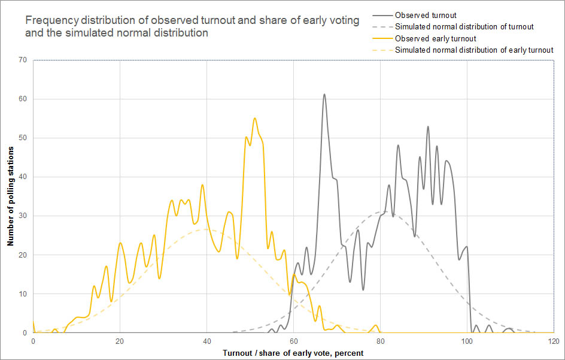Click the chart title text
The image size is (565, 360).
192,27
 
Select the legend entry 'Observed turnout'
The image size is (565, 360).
425,14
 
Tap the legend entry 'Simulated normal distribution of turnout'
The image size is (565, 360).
464,26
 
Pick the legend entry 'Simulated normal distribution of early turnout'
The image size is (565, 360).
474,50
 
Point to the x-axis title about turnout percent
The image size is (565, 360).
293,353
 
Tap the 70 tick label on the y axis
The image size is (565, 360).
23,60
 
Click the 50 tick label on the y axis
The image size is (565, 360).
23,138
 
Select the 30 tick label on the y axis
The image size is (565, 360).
23,216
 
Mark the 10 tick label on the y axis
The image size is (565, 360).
23,294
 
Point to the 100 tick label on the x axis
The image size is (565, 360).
467,341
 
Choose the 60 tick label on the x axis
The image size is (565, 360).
293,341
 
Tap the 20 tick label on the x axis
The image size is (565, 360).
120,341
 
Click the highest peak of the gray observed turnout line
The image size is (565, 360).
324,94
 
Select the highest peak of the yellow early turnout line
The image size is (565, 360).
255,118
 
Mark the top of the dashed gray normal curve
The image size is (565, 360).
381,211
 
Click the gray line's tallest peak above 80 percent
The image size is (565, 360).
428,126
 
